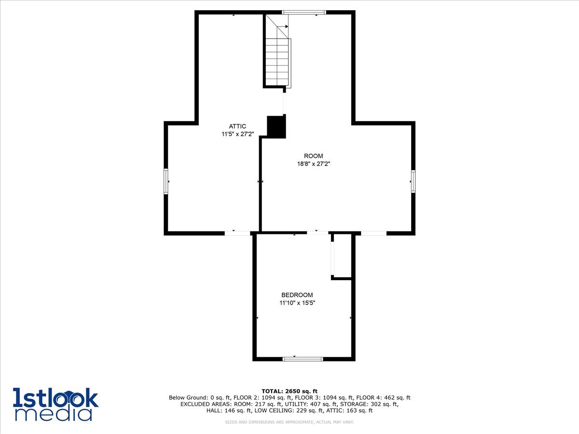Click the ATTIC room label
coord(237,126)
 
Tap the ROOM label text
coord(313,156)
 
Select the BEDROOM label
coord(297,295)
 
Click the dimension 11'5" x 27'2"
coord(237,135)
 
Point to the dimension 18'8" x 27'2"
coord(313,164)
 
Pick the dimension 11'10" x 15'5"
coord(297,303)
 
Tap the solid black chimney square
coord(276,126)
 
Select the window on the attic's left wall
coord(166,181)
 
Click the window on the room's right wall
coord(413,181)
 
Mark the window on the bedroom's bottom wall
coord(303,359)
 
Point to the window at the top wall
coord(303,12)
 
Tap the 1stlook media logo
coord(55,404)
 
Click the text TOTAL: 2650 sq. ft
coord(289,391)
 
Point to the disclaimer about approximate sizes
coord(289,422)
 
